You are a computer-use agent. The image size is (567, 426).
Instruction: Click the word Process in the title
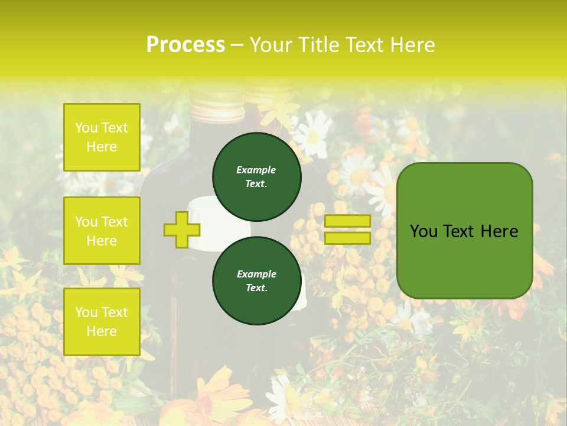pos(185,45)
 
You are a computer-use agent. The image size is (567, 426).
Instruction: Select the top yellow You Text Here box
pos(102,137)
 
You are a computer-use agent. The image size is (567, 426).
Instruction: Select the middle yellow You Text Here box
pos(102,231)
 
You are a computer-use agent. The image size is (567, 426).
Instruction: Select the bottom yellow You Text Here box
pos(102,322)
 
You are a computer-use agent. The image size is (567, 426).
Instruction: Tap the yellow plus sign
pos(181,230)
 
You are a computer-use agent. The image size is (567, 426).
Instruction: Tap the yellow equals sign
pos(347,230)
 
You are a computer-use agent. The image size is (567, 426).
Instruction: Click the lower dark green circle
pos(257,281)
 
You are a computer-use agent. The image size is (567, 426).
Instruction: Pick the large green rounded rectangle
pos(464,231)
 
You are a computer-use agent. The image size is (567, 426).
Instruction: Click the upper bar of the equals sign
pos(347,221)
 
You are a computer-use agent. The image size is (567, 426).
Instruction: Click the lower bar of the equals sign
pos(347,238)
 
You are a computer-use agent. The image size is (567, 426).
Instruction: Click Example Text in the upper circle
pos(256,177)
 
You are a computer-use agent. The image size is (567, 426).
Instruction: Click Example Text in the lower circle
pos(256,281)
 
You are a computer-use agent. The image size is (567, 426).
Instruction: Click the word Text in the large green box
pos(464,231)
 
